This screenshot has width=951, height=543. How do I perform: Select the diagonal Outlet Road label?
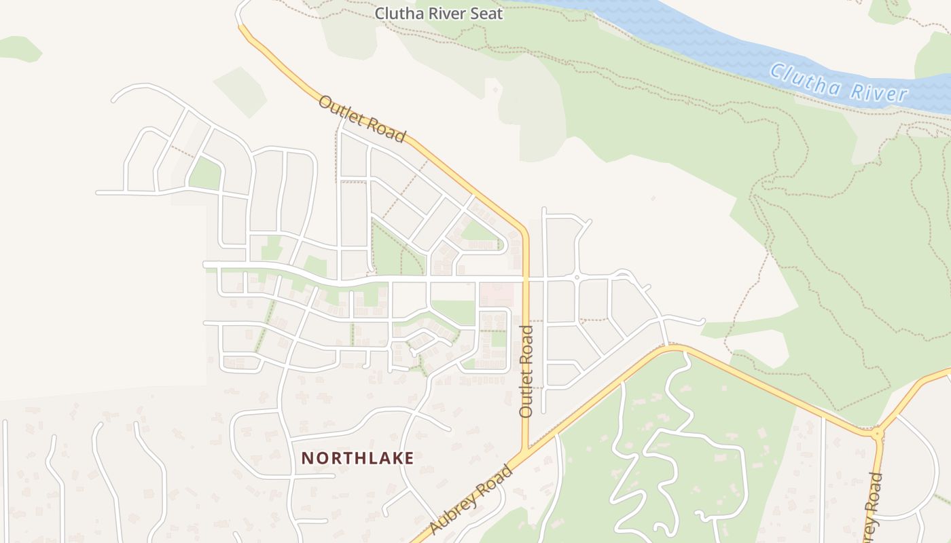[x=361, y=119]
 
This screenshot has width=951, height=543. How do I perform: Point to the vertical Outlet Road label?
[x=526, y=371]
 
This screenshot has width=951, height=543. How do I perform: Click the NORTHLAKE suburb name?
[x=357, y=458]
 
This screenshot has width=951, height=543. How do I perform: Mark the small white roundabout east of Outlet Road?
[x=577, y=278]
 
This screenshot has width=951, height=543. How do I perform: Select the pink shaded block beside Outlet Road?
[x=496, y=295]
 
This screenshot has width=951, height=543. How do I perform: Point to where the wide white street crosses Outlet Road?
[x=526, y=279]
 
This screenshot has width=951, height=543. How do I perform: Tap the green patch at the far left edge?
[x=19, y=48]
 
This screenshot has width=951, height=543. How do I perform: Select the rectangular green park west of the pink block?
[x=453, y=312]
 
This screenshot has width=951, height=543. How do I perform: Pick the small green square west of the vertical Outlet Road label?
[x=499, y=337]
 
